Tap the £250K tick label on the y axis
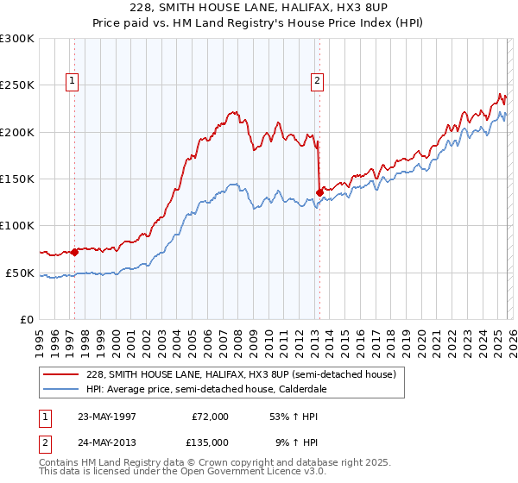(x=17, y=85)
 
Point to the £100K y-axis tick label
(x=17, y=226)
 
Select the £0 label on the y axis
(x=28, y=319)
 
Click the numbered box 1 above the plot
(x=72, y=81)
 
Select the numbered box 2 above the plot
(x=317, y=81)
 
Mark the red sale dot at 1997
(x=75, y=252)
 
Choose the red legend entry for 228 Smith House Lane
(x=241, y=374)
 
